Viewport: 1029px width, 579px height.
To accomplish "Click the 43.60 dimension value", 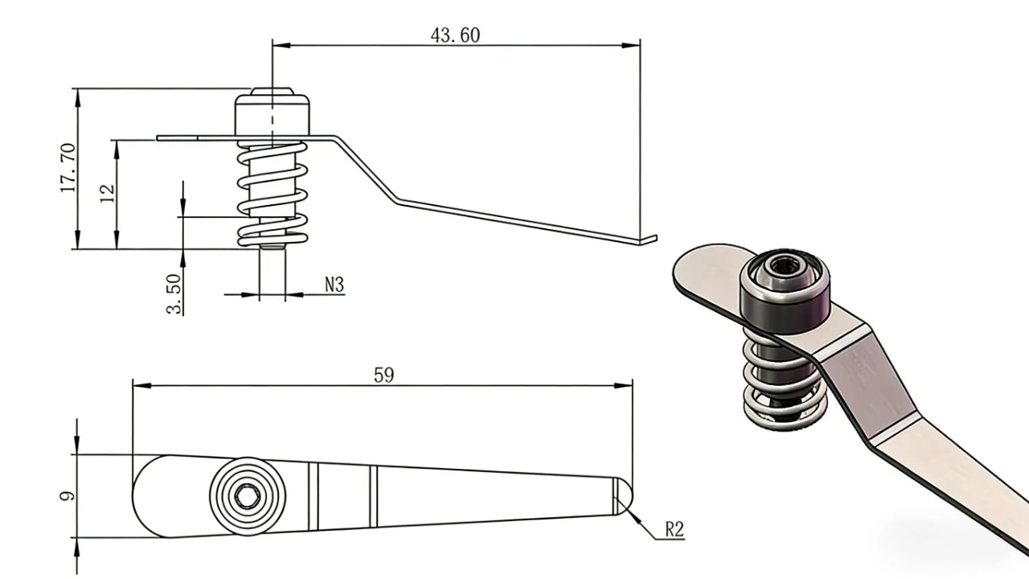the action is coord(455,35).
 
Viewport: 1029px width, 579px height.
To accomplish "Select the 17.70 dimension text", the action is coord(68,168).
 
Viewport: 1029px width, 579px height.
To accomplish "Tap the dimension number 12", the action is coord(107,194).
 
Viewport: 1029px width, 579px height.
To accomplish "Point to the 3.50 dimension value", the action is coord(174,294).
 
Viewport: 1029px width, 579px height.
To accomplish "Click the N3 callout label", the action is coord(334,285).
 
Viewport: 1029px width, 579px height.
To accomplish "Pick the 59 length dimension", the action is coord(383,375).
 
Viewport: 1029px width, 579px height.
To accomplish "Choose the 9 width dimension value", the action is coord(67,496).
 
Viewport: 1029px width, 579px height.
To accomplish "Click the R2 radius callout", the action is coord(674,529).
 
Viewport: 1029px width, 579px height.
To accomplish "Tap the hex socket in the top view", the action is coord(247,496).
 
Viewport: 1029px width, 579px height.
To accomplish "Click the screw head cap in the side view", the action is coord(272,113).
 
